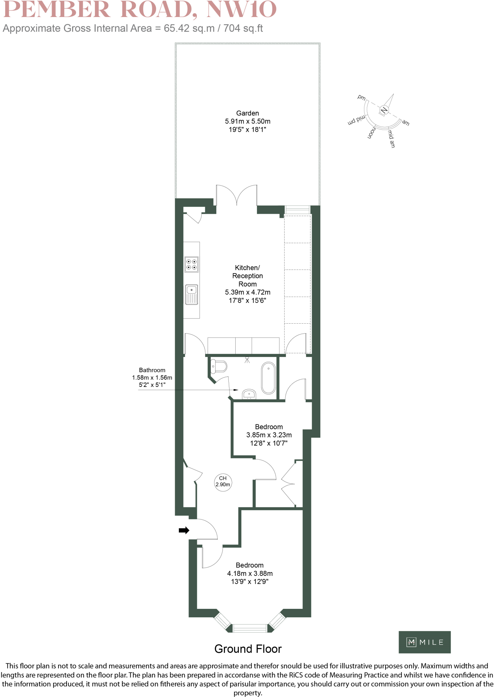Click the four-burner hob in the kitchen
coord(191,264)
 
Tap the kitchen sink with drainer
coord(191,295)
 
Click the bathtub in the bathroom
coord(269,378)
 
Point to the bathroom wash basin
coord(249,394)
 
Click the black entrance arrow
coord(184,530)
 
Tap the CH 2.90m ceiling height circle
coord(223,482)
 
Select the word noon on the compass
coord(372,133)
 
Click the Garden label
coord(248,113)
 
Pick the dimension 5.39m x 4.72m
coord(248,292)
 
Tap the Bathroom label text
coord(152,370)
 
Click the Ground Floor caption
coord(248,649)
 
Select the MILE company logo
coord(424,642)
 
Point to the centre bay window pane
coord(250,628)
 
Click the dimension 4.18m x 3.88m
coord(250,573)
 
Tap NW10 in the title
coord(241,10)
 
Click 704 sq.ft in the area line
coord(243,28)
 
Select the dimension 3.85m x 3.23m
coord(269,435)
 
